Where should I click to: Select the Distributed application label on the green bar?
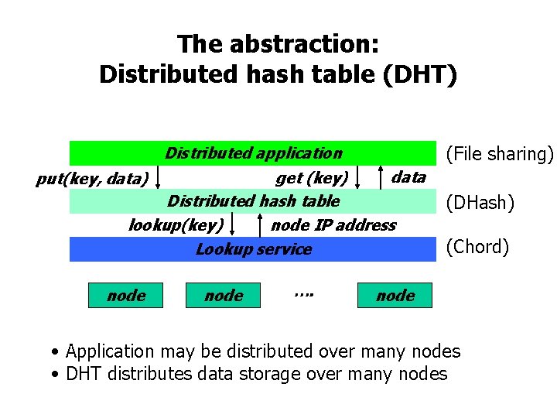pos(253,153)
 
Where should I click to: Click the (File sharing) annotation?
pos(500,154)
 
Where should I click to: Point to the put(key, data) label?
pos(92,180)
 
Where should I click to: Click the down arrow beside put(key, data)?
pos(158,177)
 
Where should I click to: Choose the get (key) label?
pos(312,178)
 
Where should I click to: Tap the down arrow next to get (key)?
pos(358,177)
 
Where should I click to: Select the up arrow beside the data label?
pos(381,177)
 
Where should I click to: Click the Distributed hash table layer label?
pos(253,201)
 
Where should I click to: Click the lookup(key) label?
pos(176,225)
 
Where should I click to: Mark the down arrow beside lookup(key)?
pos(233,225)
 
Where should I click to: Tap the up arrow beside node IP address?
pos(258,225)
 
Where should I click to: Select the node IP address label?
pos(333,225)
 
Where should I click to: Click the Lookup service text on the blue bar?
pos(253,249)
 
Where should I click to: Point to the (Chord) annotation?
pos(478,247)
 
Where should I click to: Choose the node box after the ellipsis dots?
pos(395,295)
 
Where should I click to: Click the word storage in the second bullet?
pos(262,374)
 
